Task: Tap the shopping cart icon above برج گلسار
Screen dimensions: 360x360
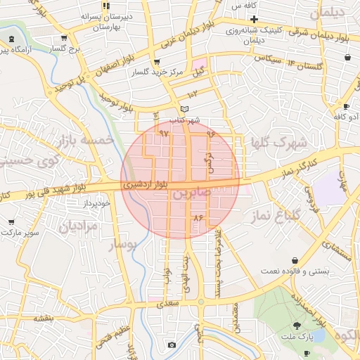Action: [65, 39]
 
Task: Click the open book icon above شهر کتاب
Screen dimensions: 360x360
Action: [185, 109]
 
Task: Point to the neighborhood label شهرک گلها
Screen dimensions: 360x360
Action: [279, 142]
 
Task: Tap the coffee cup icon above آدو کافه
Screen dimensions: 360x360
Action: [345, 106]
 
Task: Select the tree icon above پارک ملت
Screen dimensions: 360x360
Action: [298, 326]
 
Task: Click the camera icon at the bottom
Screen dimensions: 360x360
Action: [172, 345]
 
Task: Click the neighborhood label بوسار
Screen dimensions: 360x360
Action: [123, 244]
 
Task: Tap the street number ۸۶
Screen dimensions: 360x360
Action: [198, 218]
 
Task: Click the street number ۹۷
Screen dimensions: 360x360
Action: [164, 132]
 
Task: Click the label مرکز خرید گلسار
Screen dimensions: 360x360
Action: [149, 73]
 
